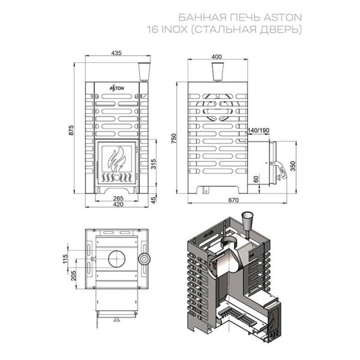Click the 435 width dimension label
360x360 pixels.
(116, 53)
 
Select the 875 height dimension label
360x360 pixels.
(71, 130)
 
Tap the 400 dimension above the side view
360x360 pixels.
(217, 57)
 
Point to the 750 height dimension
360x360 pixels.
(173, 139)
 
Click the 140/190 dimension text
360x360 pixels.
(258, 130)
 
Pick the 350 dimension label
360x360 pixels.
(293, 166)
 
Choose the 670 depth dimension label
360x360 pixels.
(233, 200)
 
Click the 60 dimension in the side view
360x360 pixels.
(256, 178)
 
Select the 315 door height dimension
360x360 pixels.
(154, 164)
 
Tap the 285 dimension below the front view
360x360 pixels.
(118, 198)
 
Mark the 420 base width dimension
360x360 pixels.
(118, 204)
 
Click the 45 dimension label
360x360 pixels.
(154, 199)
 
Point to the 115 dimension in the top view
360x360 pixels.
(65, 259)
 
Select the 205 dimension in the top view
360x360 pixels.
(73, 275)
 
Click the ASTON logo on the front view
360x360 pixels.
(116, 88)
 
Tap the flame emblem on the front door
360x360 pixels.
(117, 159)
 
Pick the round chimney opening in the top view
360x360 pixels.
(117, 259)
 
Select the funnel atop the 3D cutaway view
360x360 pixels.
(247, 221)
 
